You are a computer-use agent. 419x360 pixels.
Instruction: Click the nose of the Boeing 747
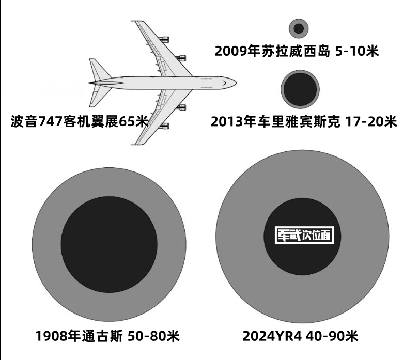(234, 83)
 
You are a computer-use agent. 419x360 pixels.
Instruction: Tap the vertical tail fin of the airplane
(98, 70)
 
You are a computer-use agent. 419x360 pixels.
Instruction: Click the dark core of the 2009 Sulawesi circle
(299, 29)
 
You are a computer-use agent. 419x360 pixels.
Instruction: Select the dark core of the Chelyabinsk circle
(300, 88)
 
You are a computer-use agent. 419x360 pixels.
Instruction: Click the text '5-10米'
(358, 52)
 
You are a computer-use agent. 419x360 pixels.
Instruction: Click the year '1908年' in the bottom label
(58, 337)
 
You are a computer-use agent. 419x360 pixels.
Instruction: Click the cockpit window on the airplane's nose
(224, 81)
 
